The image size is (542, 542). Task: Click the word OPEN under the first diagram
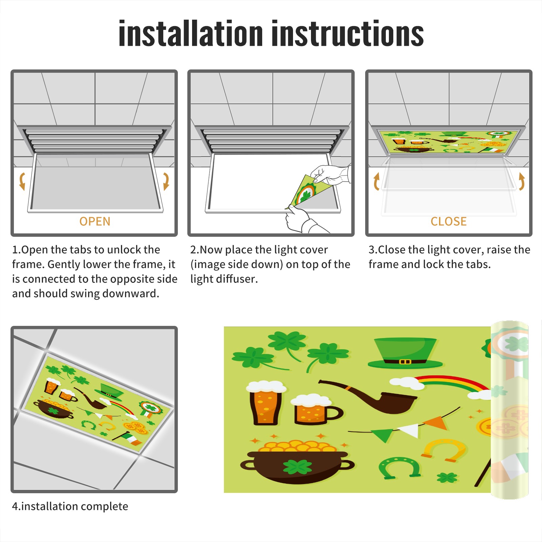[95, 222]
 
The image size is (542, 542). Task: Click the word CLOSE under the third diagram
[449, 222]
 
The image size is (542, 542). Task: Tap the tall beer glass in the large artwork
[266, 403]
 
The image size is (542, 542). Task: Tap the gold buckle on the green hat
[405, 362]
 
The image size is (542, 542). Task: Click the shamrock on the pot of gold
[297, 467]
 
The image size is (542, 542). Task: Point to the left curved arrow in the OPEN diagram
[22, 181]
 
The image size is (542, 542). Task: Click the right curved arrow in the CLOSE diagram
[522, 181]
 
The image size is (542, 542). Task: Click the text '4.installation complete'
[70, 506]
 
